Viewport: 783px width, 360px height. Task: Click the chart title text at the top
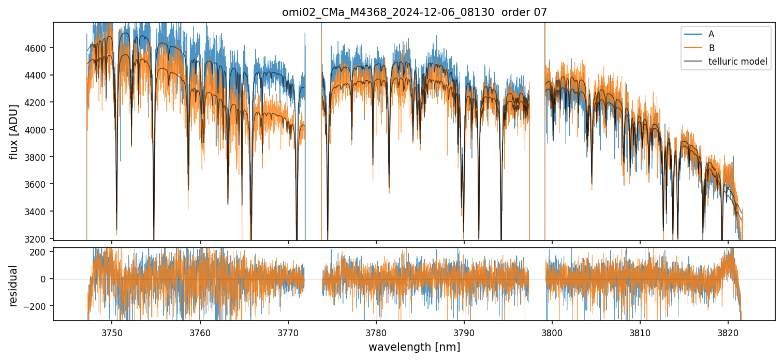click(414, 12)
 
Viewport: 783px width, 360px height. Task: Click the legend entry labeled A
click(711, 34)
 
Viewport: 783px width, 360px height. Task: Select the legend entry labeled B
click(711, 48)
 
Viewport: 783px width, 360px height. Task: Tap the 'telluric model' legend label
click(737, 62)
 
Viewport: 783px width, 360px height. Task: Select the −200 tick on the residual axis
click(38, 306)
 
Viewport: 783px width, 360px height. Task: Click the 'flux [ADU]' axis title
click(14, 131)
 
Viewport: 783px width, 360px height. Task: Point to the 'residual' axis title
click(14, 286)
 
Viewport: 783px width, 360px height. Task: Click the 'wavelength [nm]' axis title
click(414, 347)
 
